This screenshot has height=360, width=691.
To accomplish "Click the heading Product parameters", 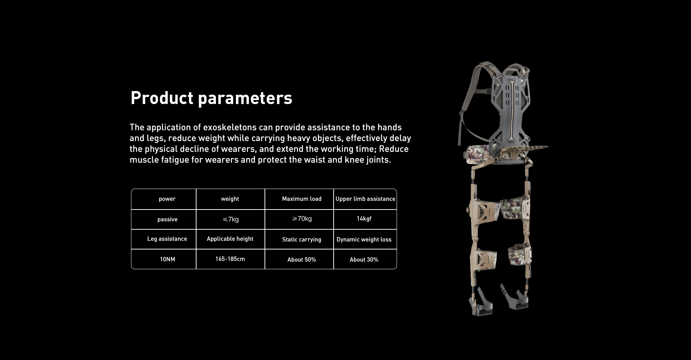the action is click(x=211, y=98).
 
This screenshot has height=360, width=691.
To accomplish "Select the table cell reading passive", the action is click(x=167, y=219).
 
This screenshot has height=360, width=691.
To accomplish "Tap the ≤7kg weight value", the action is click(x=230, y=219).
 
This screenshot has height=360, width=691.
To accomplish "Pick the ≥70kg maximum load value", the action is click(x=302, y=219).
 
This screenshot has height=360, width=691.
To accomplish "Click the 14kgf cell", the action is click(x=364, y=219).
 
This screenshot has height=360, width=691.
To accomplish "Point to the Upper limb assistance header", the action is click(x=365, y=199).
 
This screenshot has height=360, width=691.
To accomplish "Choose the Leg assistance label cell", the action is click(x=167, y=239).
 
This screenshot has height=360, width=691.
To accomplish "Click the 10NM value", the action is click(x=167, y=259).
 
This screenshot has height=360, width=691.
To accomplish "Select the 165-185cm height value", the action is click(x=230, y=259).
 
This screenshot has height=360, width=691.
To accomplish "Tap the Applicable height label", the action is click(x=230, y=239).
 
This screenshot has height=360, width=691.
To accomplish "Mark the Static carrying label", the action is click(x=302, y=239).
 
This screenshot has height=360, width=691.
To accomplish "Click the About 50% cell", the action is click(x=302, y=260).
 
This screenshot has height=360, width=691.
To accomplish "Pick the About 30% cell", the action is click(x=364, y=260).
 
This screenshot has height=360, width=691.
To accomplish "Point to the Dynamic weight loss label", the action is click(x=364, y=239).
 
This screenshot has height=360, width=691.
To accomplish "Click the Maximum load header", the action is click(x=302, y=199).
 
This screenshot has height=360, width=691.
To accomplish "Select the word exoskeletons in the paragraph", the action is click(x=230, y=127).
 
